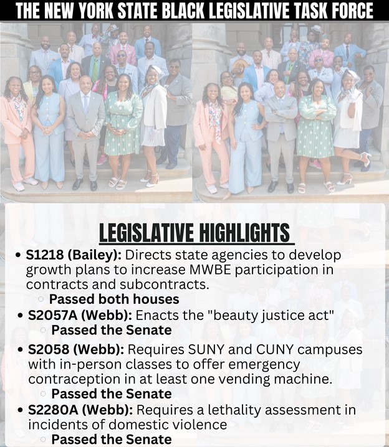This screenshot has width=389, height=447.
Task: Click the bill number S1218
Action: tap(45, 255)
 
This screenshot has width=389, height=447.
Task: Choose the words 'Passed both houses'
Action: tap(114, 299)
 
